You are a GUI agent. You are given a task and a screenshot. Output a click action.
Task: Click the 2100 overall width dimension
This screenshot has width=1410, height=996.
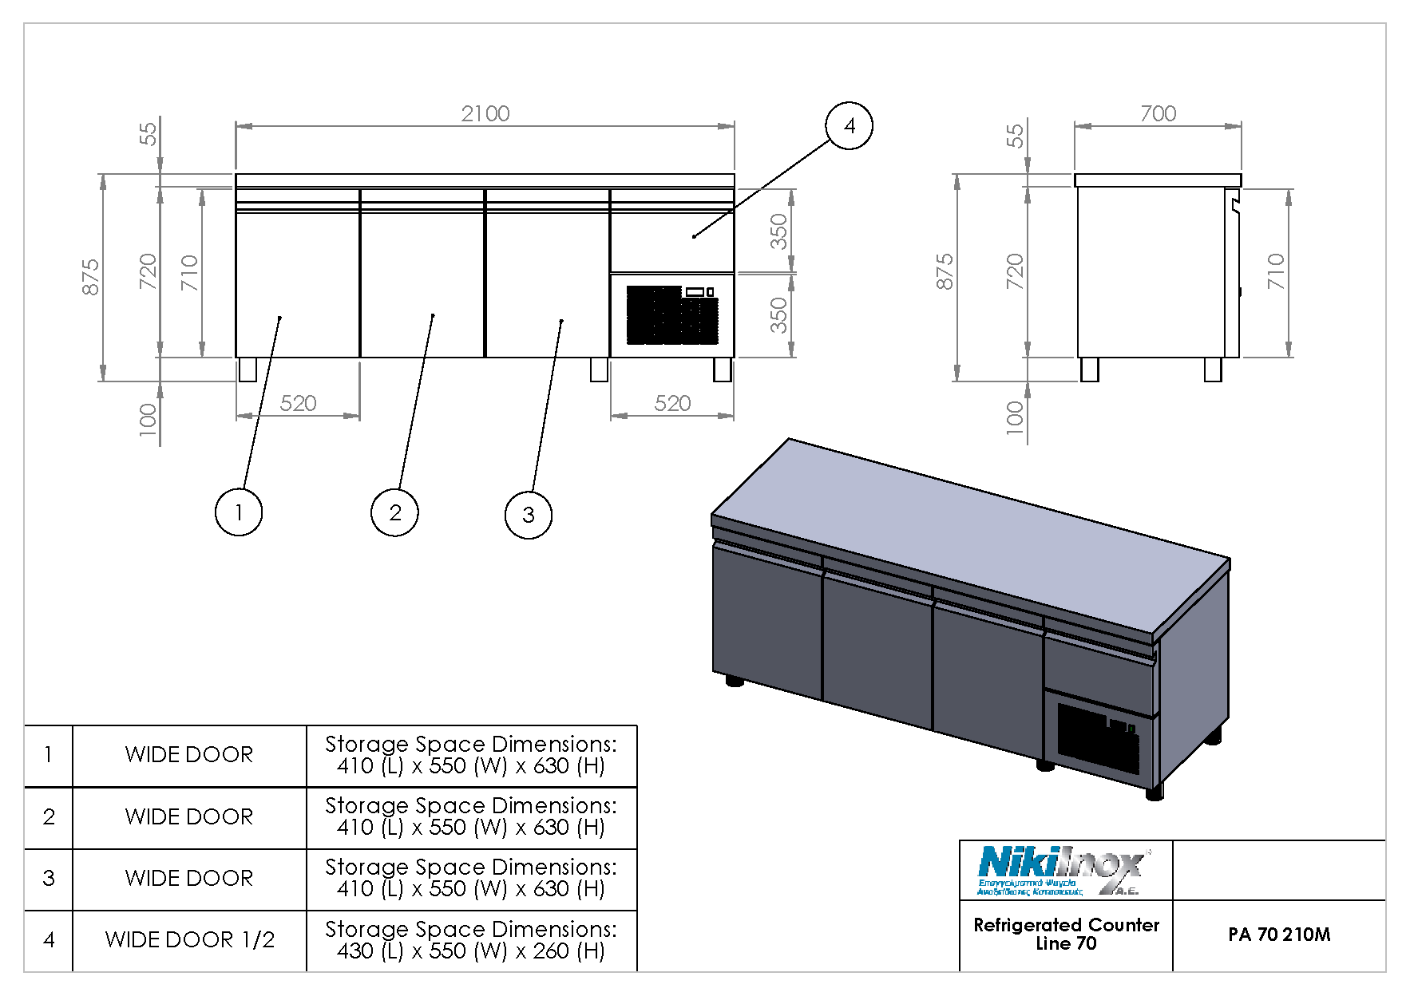pyautogui.click(x=485, y=114)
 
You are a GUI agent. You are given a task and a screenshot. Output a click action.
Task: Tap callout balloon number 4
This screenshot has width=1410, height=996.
pyautogui.click(x=849, y=126)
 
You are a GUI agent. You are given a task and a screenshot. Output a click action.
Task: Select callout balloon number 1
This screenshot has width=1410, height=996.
pyautogui.click(x=238, y=512)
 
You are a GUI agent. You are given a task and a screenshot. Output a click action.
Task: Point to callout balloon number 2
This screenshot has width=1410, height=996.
pyautogui.click(x=394, y=512)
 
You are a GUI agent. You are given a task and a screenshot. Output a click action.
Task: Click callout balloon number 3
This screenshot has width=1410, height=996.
pyautogui.click(x=528, y=515)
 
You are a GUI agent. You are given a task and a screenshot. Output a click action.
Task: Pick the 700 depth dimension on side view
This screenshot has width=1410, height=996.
pyautogui.click(x=1157, y=114)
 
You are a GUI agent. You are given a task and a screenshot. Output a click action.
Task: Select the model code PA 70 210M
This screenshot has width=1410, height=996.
pyautogui.click(x=1278, y=935)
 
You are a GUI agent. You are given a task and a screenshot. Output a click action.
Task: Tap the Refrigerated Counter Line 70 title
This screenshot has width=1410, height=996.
pyautogui.click(x=1065, y=934)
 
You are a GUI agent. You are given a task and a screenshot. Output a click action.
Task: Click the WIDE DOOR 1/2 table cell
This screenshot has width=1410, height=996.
pyautogui.click(x=189, y=940)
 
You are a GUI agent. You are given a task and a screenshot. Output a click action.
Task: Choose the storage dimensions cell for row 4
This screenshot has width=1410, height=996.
pyautogui.click(x=470, y=940)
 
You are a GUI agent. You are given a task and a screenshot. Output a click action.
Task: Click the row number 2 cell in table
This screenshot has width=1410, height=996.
pyautogui.click(x=49, y=817)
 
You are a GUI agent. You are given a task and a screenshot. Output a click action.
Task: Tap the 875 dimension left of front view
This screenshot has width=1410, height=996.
pyautogui.click(x=91, y=276)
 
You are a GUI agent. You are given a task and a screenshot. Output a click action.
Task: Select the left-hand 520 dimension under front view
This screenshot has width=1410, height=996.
pyautogui.click(x=298, y=404)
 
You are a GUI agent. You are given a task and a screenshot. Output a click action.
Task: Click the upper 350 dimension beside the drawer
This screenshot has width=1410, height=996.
pyautogui.click(x=778, y=231)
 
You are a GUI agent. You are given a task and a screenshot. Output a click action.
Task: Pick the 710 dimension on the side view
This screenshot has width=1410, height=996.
pyautogui.click(x=1275, y=271)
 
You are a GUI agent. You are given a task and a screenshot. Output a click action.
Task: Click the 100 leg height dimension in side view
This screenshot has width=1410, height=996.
pyautogui.click(x=1014, y=417)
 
